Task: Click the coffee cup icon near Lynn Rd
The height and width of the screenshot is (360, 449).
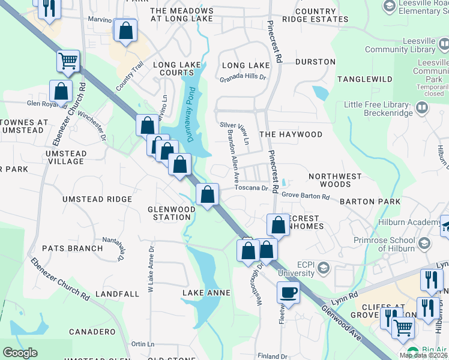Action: click(x=288, y=293)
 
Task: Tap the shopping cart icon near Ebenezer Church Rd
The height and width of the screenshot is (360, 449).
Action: click(x=68, y=61)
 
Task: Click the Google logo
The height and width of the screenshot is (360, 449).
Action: click(x=20, y=353)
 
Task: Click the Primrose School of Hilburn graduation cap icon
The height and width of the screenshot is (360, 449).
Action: click(x=425, y=243)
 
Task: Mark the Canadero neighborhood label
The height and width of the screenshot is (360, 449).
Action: click(x=92, y=332)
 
